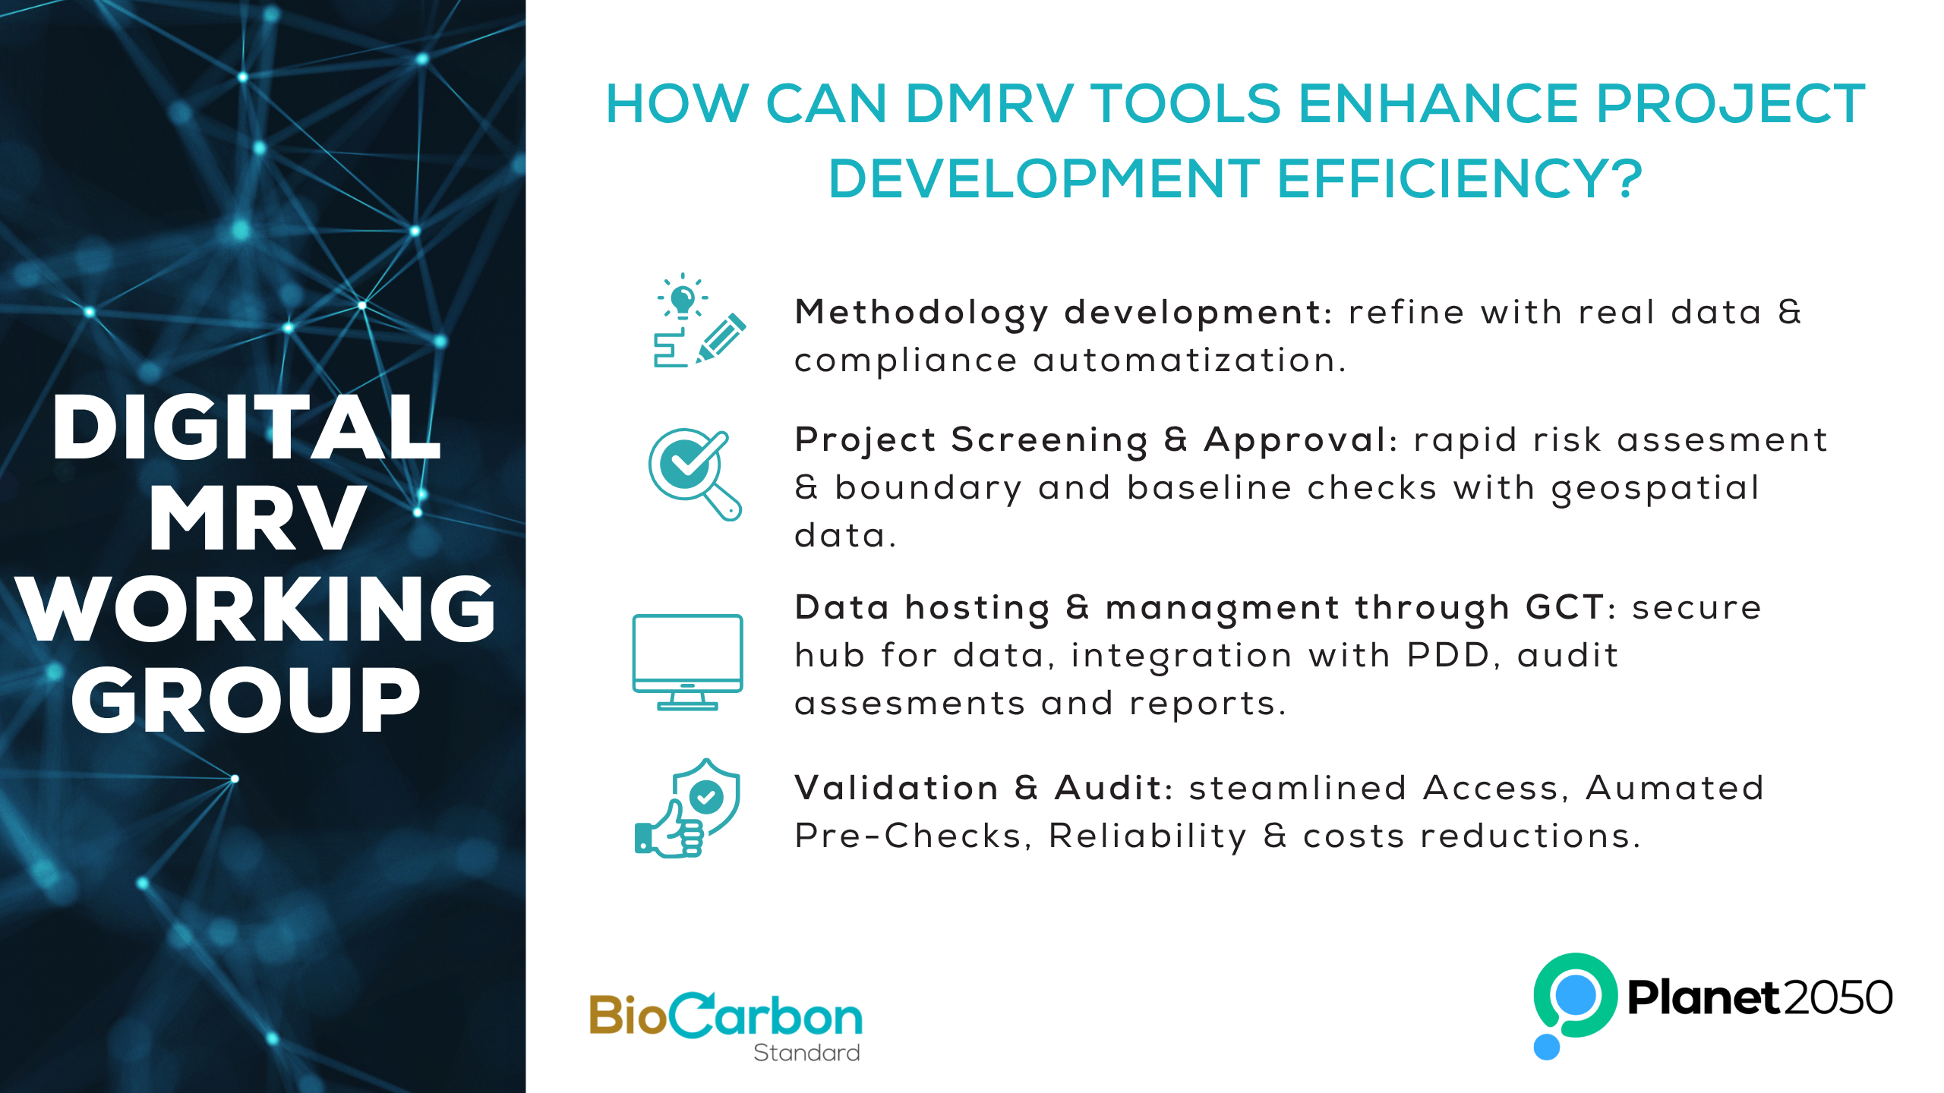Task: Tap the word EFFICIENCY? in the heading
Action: point(1460,178)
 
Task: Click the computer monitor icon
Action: point(687,663)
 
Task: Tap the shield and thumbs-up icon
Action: point(687,808)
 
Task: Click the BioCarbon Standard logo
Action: point(726,1025)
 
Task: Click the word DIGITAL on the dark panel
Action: point(246,428)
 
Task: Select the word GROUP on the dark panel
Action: point(245,700)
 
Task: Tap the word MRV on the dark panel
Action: point(256,518)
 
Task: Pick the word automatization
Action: point(1190,360)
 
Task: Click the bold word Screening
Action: point(1049,441)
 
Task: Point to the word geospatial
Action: point(1655,489)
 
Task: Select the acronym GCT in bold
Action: point(1564,607)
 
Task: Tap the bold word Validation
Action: point(896,788)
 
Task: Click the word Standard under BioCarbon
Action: point(806,1053)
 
